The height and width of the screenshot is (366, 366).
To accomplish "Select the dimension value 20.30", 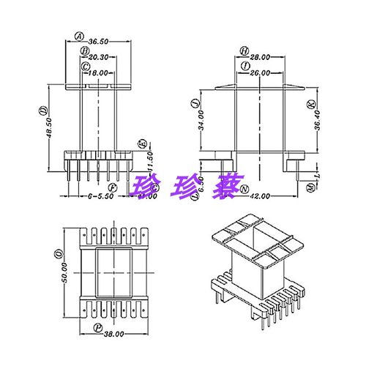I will (x=100, y=57).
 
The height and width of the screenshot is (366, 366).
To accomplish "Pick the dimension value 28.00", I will (x=261, y=56).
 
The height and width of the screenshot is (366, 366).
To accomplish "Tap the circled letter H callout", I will (x=244, y=50).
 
